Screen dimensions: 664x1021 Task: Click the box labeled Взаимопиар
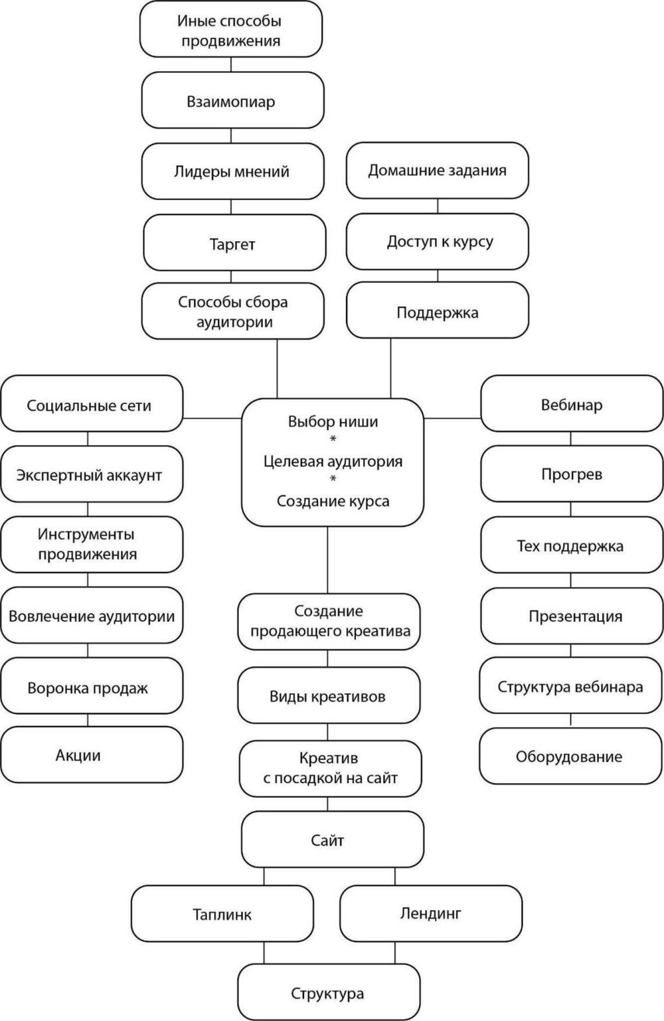coord(232,100)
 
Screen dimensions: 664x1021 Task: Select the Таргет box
coord(234,243)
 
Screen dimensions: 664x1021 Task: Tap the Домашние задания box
coord(437,171)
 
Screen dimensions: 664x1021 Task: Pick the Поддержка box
coord(437,310)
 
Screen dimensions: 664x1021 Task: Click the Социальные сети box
coord(92,404)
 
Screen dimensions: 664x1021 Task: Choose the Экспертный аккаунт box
coord(92,474)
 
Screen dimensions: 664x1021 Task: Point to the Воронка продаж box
coord(92,686)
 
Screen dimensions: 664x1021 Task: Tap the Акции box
coord(92,755)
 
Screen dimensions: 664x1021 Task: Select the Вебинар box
coord(572,404)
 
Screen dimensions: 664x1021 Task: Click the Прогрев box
coord(572,474)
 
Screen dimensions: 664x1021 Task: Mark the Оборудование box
coord(570,756)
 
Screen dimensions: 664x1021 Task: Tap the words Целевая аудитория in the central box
coord(333,461)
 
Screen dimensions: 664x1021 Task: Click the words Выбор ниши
coord(333,421)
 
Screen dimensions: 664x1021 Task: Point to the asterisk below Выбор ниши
coord(333,439)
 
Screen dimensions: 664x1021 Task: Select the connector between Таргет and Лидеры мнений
coord(231,207)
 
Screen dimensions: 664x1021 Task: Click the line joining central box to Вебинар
coord(453,418)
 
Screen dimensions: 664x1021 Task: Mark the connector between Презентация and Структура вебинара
coord(571,650)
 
